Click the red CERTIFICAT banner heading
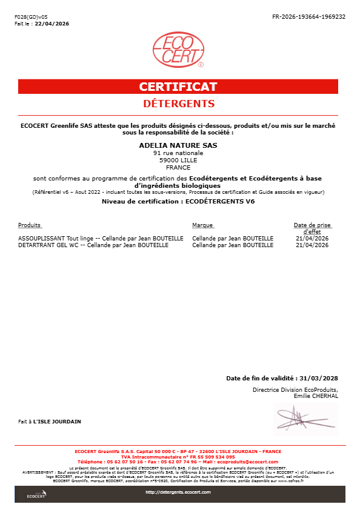[x=178, y=87]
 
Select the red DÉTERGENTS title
[x=179, y=104]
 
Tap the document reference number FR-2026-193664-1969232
[x=309, y=16]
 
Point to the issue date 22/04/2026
[x=52, y=24]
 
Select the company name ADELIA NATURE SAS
[x=178, y=145]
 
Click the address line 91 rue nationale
[x=178, y=153]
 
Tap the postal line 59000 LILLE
[x=178, y=161]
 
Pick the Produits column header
[x=30, y=225]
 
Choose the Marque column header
[x=202, y=225]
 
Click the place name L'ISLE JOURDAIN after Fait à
[x=57, y=421]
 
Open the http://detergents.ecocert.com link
[x=178, y=492]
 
